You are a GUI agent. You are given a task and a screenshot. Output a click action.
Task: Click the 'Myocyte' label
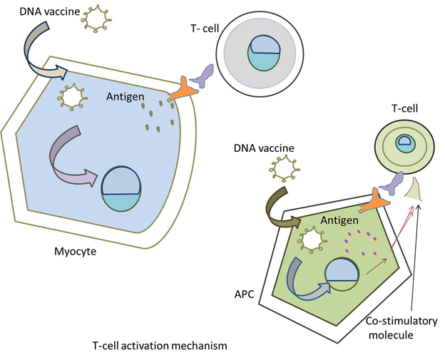pos(76,251)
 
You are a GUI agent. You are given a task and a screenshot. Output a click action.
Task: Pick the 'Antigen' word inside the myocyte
pos(126,96)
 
